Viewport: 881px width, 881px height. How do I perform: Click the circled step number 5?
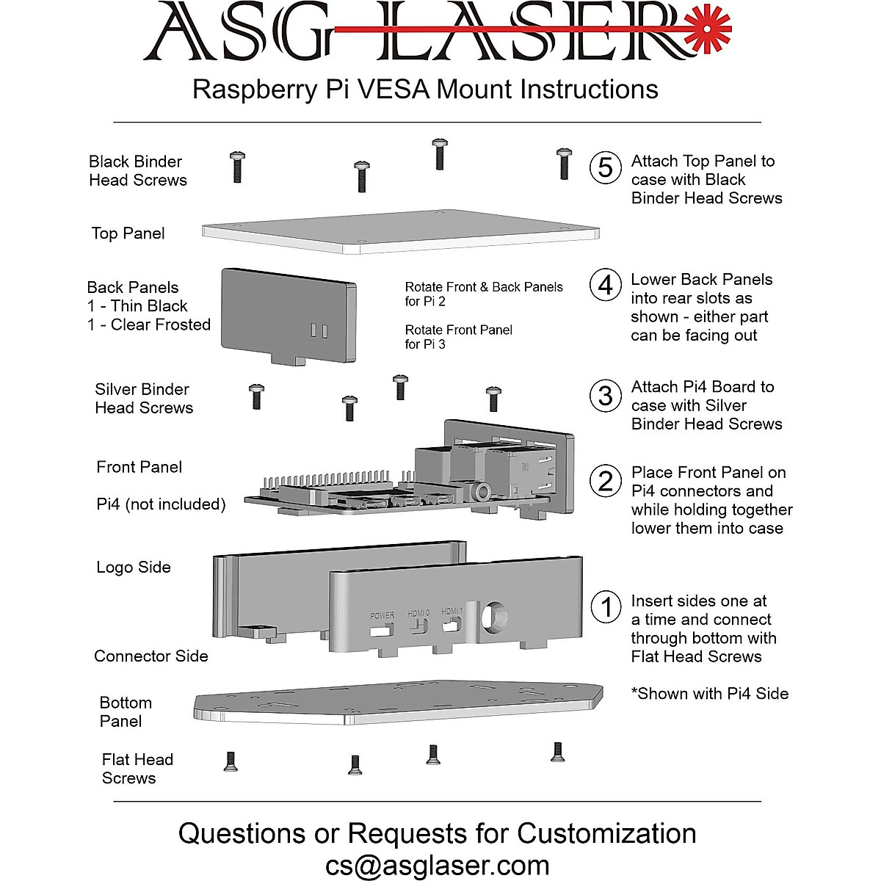click(x=605, y=167)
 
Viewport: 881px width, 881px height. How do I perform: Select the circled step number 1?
click(x=606, y=607)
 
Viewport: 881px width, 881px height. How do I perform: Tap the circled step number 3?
click(x=605, y=396)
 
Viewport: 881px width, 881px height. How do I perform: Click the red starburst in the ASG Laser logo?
click(x=708, y=28)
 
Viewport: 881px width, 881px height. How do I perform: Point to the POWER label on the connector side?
click(x=382, y=615)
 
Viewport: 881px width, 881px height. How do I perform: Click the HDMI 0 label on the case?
click(x=418, y=613)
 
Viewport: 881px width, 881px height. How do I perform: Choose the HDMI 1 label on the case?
click(x=452, y=611)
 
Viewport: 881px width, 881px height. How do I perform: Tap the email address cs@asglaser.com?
click(x=438, y=866)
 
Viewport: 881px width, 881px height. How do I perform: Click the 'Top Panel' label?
click(x=128, y=233)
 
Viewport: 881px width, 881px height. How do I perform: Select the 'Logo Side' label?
click(x=134, y=568)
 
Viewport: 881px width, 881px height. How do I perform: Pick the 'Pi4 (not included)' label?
click(x=161, y=504)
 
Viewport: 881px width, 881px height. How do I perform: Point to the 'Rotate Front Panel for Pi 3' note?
click(x=459, y=337)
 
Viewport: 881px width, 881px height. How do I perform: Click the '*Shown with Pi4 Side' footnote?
click(x=709, y=694)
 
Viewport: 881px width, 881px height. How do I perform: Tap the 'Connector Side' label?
click(x=151, y=656)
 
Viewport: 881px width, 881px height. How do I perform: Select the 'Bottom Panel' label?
click(x=126, y=711)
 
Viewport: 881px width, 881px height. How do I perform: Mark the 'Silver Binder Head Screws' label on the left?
click(x=144, y=399)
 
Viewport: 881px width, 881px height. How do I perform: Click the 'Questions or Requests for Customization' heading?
click(x=438, y=833)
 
